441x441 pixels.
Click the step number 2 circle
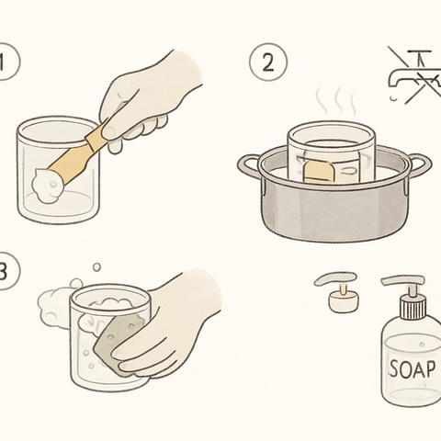click(x=268, y=63)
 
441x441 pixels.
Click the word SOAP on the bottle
click(x=410, y=369)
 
